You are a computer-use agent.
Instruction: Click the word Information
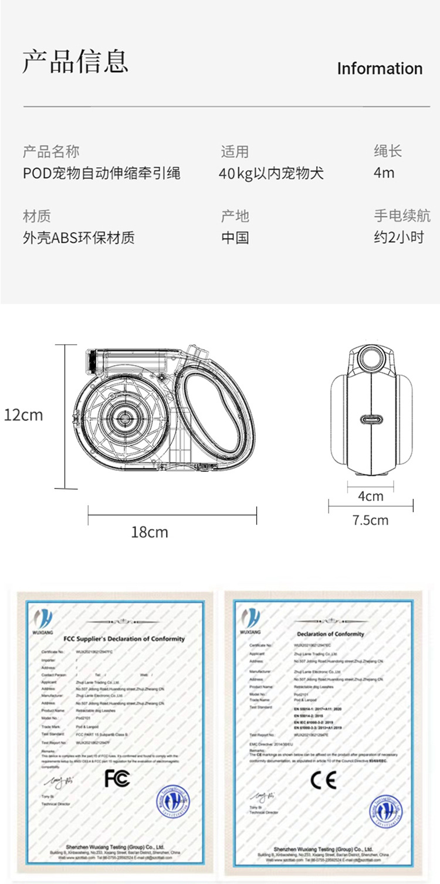[380, 69]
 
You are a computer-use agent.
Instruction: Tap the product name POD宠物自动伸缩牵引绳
[101, 174]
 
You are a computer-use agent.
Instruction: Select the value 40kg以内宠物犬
[271, 174]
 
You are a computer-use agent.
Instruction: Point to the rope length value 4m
[384, 173]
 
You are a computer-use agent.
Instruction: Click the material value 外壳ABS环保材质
[79, 237]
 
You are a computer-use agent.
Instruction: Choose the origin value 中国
[235, 237]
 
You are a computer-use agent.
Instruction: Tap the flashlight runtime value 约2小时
[398, 237]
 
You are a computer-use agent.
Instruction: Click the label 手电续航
[402, 216]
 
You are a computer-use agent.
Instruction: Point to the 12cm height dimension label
[23, 415]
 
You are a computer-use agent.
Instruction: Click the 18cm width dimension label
[149, 532]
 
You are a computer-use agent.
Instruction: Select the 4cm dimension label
[370, 497]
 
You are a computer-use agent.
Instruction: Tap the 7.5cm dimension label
[370, 520]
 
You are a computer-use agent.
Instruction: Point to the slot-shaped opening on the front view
[371, 420]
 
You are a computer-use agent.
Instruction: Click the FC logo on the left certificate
[117, 778]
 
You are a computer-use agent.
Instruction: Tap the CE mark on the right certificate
[323, 780]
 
